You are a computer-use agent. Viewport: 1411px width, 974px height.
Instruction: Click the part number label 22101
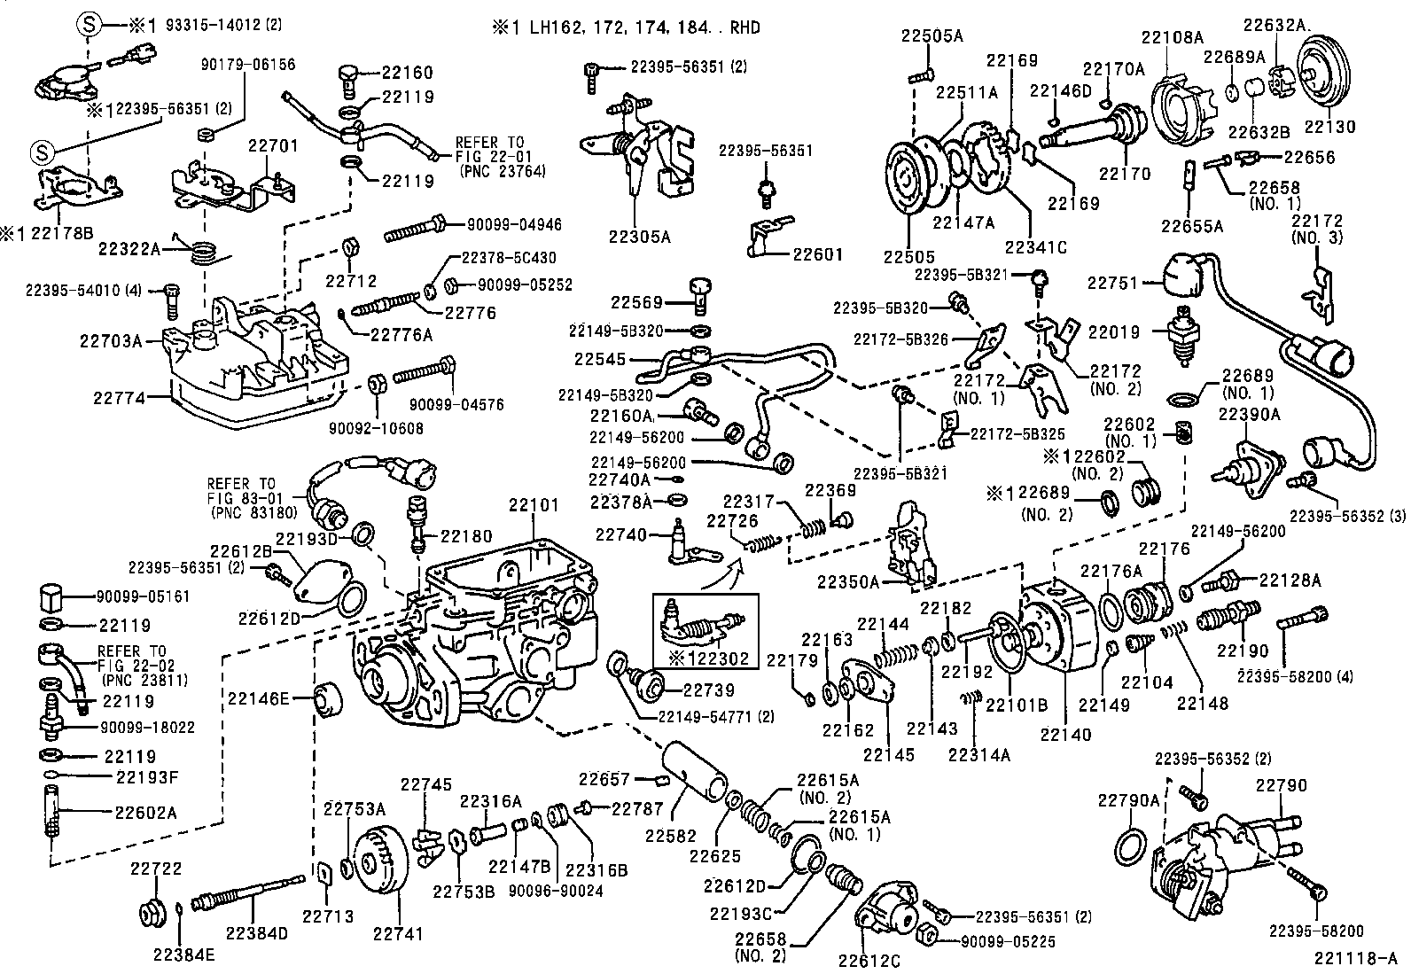[534, 506]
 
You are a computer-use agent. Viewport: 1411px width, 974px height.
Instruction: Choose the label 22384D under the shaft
[256, 933]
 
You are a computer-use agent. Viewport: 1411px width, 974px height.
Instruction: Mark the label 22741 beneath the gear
[396, 933]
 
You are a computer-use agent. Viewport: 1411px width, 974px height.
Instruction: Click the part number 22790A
[1128, 800]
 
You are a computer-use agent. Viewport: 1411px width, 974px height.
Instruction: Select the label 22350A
[848, 582]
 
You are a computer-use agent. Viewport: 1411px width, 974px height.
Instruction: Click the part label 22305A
[639, 237]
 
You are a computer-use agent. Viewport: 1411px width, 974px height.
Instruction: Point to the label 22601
[818, 254]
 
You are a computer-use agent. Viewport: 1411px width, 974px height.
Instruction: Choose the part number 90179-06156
[248, 65]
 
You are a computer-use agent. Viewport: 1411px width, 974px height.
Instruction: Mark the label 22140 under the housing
[1065, 735]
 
